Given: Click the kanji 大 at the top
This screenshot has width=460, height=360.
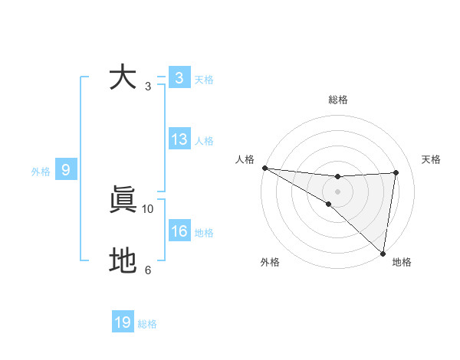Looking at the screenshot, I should pos(123,78).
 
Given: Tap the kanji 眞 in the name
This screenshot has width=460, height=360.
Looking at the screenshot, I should pos(123,201).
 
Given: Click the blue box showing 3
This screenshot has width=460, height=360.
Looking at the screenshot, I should pos(179,78).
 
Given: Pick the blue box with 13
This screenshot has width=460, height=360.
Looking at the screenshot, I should pos(179,139).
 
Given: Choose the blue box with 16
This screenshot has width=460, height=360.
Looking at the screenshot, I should pos(179,231).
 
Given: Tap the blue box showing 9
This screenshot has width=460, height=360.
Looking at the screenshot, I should pos(66,171).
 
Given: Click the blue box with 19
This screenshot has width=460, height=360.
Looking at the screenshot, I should pos(123,322).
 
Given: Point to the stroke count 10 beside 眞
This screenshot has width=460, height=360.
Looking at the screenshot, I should pos(148,208).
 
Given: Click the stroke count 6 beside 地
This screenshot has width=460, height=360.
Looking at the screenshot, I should pos(148,270).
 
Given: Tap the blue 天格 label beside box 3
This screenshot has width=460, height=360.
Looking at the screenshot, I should pos(204,80).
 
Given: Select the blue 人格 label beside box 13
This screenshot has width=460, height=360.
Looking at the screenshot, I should pos(204,141).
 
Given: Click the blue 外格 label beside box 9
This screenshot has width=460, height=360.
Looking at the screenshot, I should pos(41,172).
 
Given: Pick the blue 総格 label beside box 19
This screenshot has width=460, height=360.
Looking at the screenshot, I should pos(147,324).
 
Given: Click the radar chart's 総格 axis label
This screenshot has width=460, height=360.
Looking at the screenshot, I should pos(338,100).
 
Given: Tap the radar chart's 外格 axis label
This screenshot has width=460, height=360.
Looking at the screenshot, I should pos(270,263).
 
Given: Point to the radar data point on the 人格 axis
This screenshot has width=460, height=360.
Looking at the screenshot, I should pos(264,168).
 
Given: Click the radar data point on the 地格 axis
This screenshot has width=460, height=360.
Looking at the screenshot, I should pos(383,253).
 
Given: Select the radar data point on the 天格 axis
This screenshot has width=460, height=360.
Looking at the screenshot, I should pos(396,172).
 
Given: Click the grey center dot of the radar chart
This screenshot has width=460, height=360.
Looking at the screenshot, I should pos(337,191).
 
